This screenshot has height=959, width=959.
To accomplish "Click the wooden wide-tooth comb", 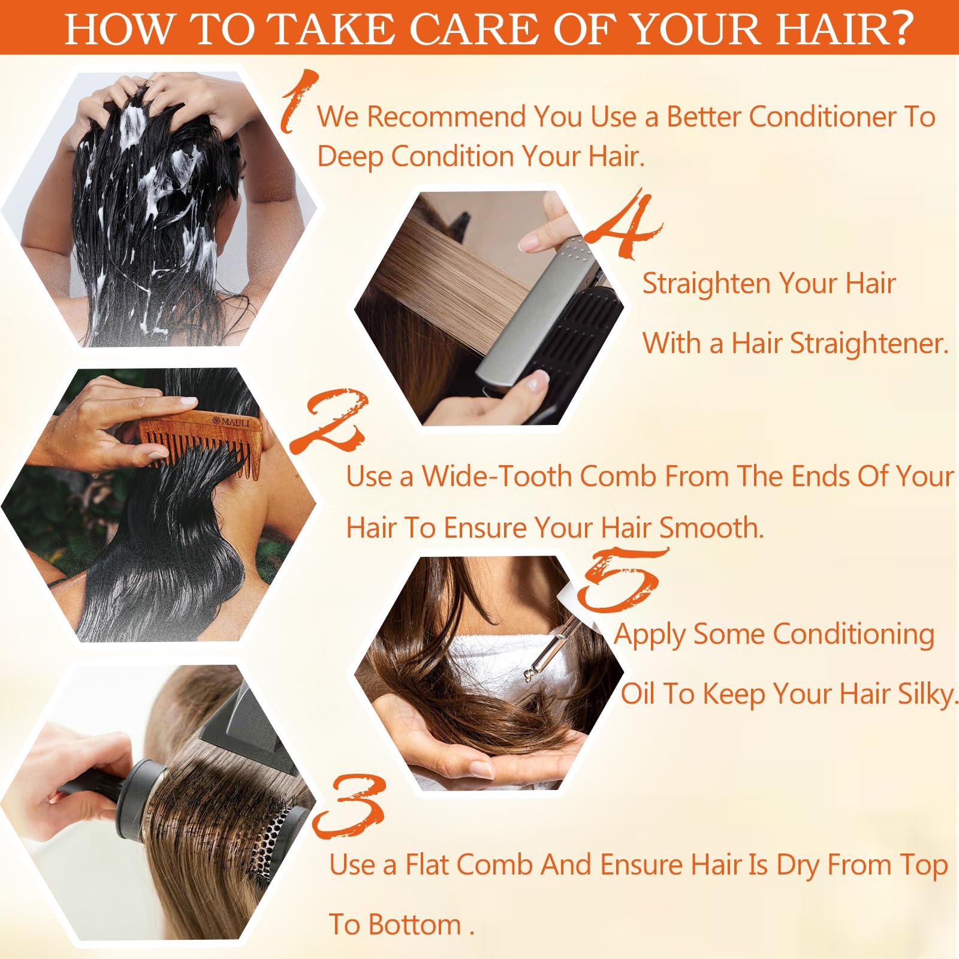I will (198, 441).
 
